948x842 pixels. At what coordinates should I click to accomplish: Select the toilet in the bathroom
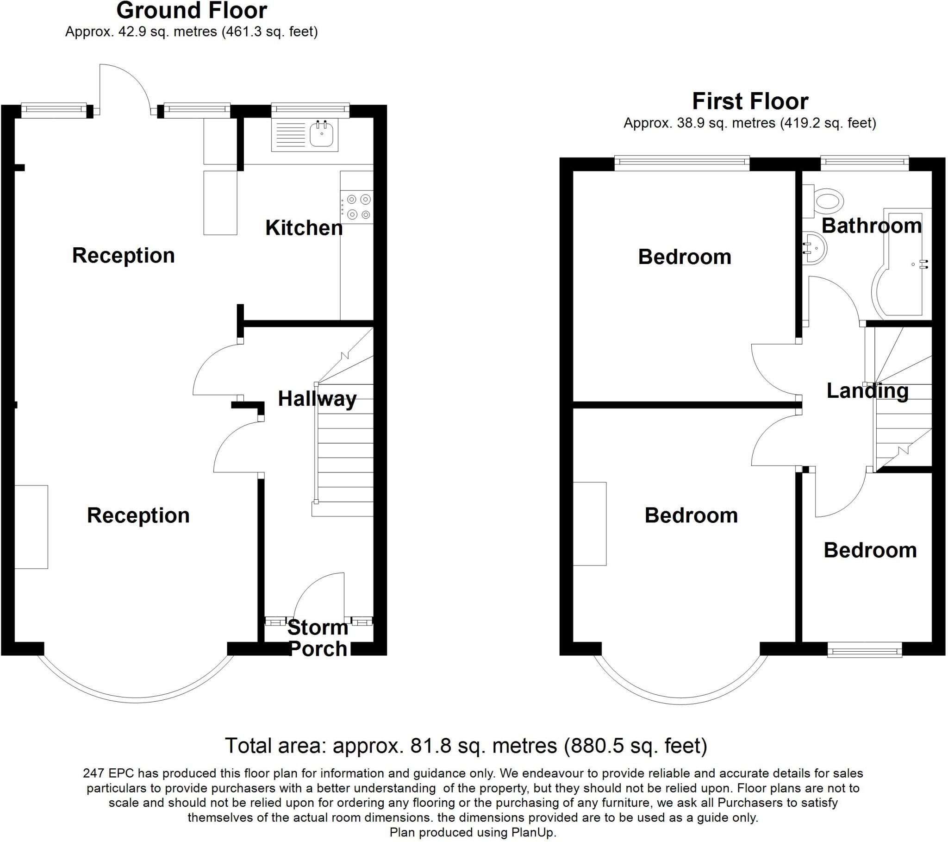point(828,201)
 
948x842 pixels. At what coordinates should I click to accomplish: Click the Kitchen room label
point(304,228)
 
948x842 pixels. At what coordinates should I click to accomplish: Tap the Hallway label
point(317,399)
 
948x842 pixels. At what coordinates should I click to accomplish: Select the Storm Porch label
point(318,638)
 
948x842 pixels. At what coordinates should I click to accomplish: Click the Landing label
point(867,391)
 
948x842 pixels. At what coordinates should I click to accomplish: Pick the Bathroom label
point(872,226)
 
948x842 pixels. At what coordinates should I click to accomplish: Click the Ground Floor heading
point(192,11)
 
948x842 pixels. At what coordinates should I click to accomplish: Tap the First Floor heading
point(750,101)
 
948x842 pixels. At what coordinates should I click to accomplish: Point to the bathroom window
point(865,162)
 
